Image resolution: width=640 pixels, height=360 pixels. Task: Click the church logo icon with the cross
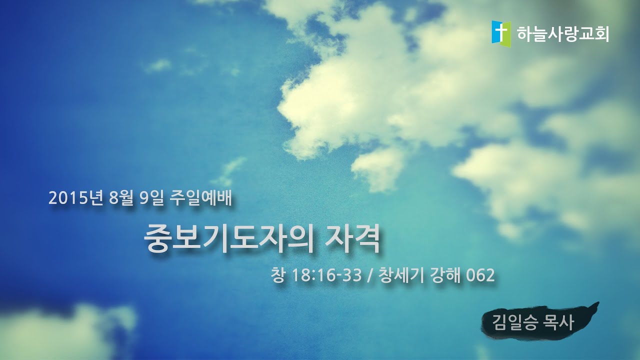[501, 33]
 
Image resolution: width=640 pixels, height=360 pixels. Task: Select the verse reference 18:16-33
[325, 275]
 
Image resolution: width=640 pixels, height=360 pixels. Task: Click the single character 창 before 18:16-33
[276, 275]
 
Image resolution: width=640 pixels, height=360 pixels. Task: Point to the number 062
[480, 275]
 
